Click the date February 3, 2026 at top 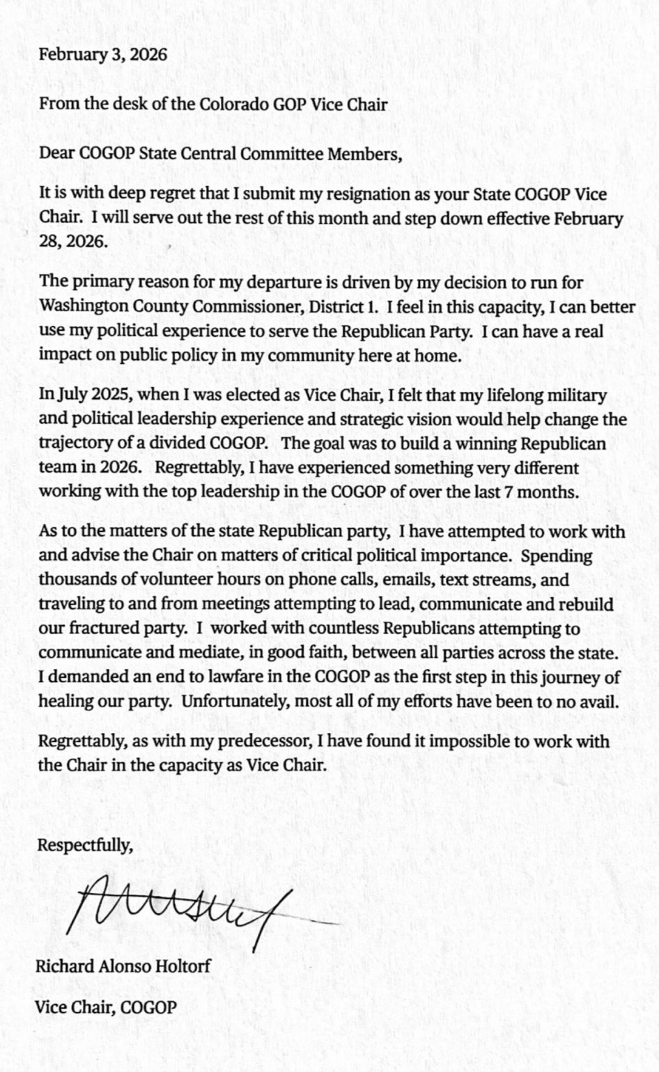coord(103,55)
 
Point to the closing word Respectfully coord(85,846)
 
